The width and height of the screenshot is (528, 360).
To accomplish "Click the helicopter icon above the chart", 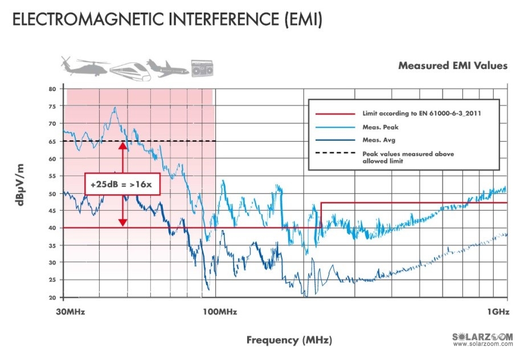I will (x=84, y=67).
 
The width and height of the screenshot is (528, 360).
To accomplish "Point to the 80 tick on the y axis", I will (x=52, y=89).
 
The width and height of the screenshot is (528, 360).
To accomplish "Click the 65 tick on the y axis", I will (x=52, y=141).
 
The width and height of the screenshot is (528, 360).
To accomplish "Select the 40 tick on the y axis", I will (x=52, y=228).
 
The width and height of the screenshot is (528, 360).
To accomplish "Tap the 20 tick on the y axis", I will (x=52, y=297).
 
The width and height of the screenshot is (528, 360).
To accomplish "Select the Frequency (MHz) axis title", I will (x=289, y=340).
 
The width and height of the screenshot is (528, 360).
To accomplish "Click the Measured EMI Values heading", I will (x=452, y=66).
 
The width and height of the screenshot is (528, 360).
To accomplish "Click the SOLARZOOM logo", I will (x=482, y=337).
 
